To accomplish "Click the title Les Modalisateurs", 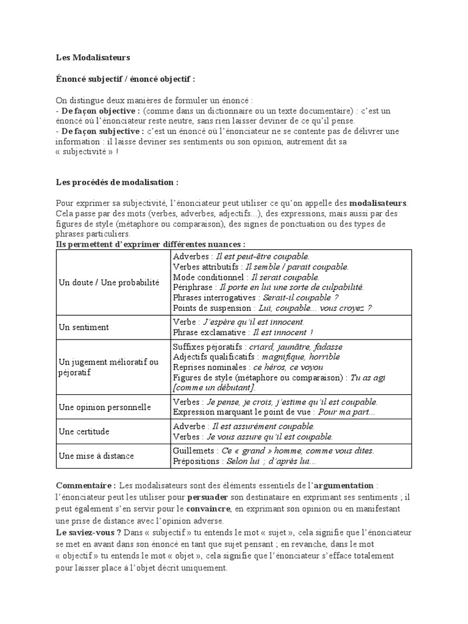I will click(x=93, y=58).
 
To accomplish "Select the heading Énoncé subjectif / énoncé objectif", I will click(x=126, y=79).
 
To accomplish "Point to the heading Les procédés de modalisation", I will click(x=118, y=183).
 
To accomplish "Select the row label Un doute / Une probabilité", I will click(x=108, y=283).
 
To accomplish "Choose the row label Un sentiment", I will click(x=83, y=327).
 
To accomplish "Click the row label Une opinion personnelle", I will click(x=104, y=407).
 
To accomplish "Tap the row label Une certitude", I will click(x=83, y=431).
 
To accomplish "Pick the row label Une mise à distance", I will click(x=96, y=456).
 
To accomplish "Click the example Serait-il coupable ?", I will click(x=300, y=298).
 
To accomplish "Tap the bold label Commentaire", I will click(x=86, y=486).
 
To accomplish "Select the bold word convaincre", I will click(x=209, y=508).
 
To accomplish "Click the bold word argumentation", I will click(x=344, y=486).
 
